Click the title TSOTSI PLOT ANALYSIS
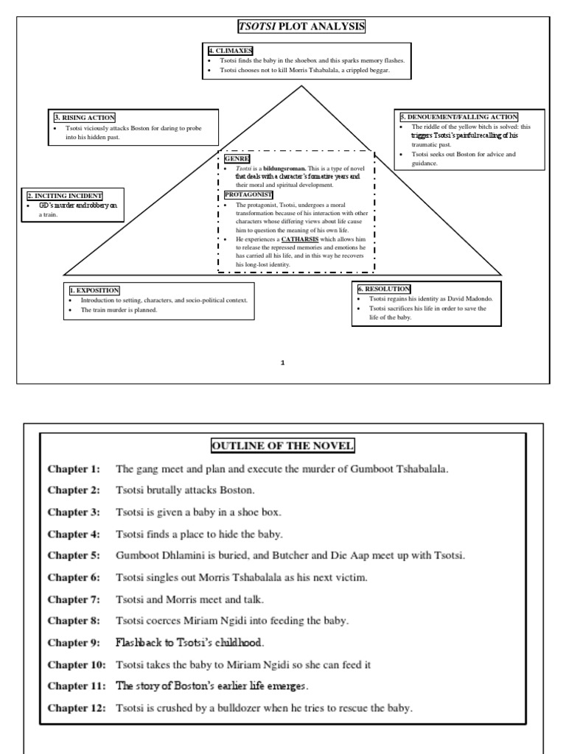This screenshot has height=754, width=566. point(301,28)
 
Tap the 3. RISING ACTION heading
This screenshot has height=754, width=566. point(84,117)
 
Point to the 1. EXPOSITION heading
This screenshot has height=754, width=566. point(94,291)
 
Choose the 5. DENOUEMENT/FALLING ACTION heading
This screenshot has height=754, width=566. point(458,116)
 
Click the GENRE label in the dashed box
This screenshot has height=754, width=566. point(237,159)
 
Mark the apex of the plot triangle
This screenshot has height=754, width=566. point(301,86)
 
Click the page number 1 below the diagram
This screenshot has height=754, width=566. point(282,362)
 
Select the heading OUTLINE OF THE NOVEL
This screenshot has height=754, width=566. point(283,445)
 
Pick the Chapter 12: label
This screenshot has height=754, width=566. point(76,708)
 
